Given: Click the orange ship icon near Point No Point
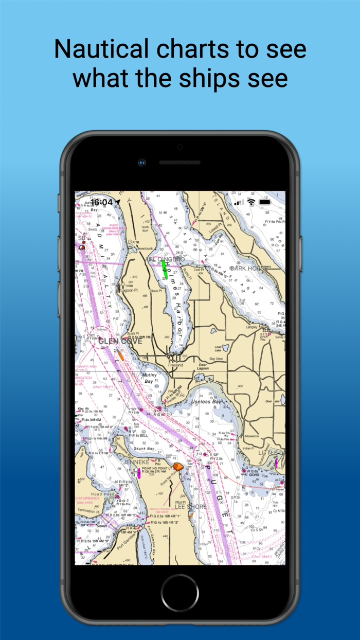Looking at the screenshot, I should point(178,467).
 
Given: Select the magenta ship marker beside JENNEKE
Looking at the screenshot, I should point(138,473).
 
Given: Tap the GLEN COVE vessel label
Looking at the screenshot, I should point(120,341).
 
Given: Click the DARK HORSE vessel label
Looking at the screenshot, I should point(246,269).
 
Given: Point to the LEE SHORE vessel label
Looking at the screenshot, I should point(190,507).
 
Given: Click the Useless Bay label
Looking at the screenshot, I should point(208,401).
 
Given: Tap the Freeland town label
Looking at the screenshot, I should point(175,365).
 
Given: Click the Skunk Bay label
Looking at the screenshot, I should point(143,449).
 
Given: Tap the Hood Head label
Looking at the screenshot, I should point(103,494).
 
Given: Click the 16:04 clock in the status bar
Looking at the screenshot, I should point(101,202).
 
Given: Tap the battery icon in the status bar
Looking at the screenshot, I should point(265,202).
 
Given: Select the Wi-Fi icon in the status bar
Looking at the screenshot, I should point(251,202).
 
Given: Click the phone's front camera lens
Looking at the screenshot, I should point(141,163).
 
